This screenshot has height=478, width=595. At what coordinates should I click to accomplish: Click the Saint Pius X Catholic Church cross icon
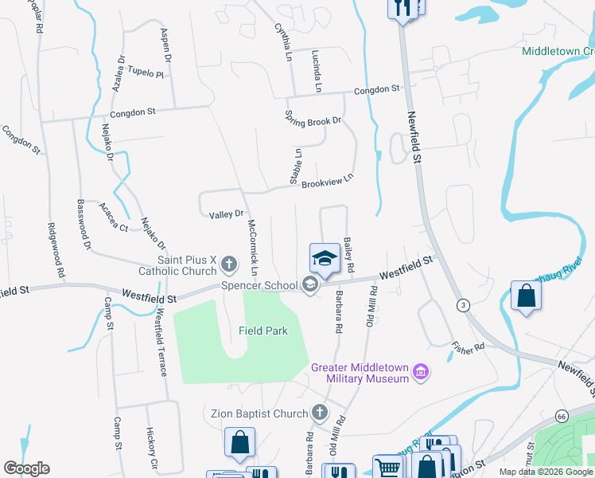click(228, 262)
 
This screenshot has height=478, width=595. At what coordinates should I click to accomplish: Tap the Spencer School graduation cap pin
click(324, 258)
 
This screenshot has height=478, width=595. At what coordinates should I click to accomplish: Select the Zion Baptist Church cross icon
click(319, 412)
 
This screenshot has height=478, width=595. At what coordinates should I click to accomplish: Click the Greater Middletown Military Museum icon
click(421, 372)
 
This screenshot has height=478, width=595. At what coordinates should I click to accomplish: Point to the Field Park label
click(262, 330)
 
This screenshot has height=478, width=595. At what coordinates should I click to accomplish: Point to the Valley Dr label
click(226, 214)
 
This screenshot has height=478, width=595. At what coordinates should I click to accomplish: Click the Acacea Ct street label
click(113, 217)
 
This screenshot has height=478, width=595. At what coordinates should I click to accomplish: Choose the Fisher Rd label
click(468, 347)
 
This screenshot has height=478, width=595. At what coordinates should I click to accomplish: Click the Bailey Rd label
click(348, 253)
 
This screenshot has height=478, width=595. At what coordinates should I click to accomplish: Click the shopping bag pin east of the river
click(527, 296)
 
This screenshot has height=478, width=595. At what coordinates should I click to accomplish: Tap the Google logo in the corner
click(26, 468)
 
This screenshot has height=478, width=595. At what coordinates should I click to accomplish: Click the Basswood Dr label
click(84, 223)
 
